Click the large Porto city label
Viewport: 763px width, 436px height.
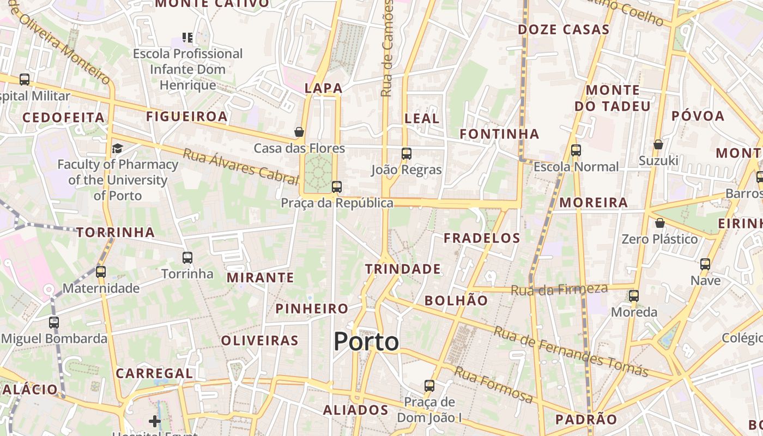(x=366, y=342)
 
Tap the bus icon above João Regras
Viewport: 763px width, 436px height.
(x=406, y=153)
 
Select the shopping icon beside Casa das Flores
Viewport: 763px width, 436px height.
(x=299, y=132)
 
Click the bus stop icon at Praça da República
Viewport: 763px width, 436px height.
(x=337, y=187)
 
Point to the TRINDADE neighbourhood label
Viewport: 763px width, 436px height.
(x=403, y=269)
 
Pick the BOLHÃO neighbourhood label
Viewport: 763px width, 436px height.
(x=456, y=300)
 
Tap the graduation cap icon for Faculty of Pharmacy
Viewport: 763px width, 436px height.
(x=118, y=148)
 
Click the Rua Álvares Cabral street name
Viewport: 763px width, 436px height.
(x=241, y=164)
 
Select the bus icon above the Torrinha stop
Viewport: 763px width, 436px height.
(x=187, y=257)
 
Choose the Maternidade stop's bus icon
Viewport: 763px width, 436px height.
(x=101, y=271)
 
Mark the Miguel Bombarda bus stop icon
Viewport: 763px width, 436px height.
(x=54, y=322)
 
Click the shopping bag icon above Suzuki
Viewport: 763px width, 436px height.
(x=658, y=144)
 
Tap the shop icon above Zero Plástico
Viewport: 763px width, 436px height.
(x=659, y=223)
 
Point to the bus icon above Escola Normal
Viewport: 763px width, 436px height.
(x=576, y=150)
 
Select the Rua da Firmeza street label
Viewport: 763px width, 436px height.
(x=559, y=289)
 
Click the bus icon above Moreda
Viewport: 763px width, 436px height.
(x=634, y=296)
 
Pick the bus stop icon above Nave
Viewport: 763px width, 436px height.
(x=705, y=264)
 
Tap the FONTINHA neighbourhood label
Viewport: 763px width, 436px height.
(x=499, y=134)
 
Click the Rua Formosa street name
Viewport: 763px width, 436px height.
(x=493, y=385)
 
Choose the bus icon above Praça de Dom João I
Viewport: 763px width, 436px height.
(x=429, y=386)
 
